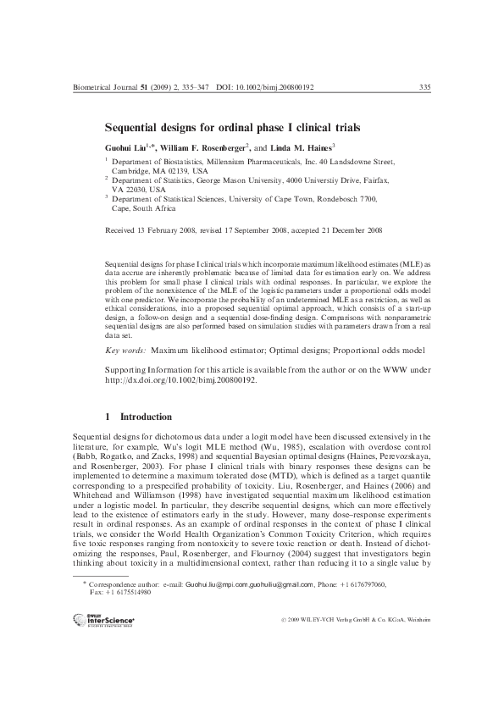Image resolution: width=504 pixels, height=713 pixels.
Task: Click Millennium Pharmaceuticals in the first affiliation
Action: [241, 160]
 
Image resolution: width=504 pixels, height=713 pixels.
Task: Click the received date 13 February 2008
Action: [178, 229]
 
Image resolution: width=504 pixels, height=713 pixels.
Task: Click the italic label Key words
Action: [125, 350]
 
